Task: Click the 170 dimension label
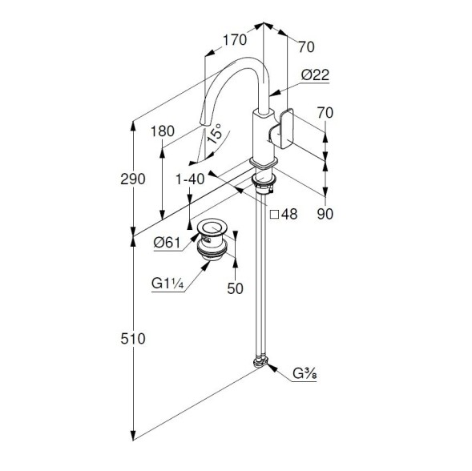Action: (x=235, y=40)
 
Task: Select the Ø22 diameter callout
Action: (x=315, y=75)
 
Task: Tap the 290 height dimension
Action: (x=133, y=179)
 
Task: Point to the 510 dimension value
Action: (x=133, y=339)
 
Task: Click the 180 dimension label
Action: (x=163, y=131)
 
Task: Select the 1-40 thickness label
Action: (x=190, y=179)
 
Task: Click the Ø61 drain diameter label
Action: (x=167, y=242)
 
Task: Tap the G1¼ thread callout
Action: (x=167, y=284)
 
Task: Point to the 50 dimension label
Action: (x=235, y=288)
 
